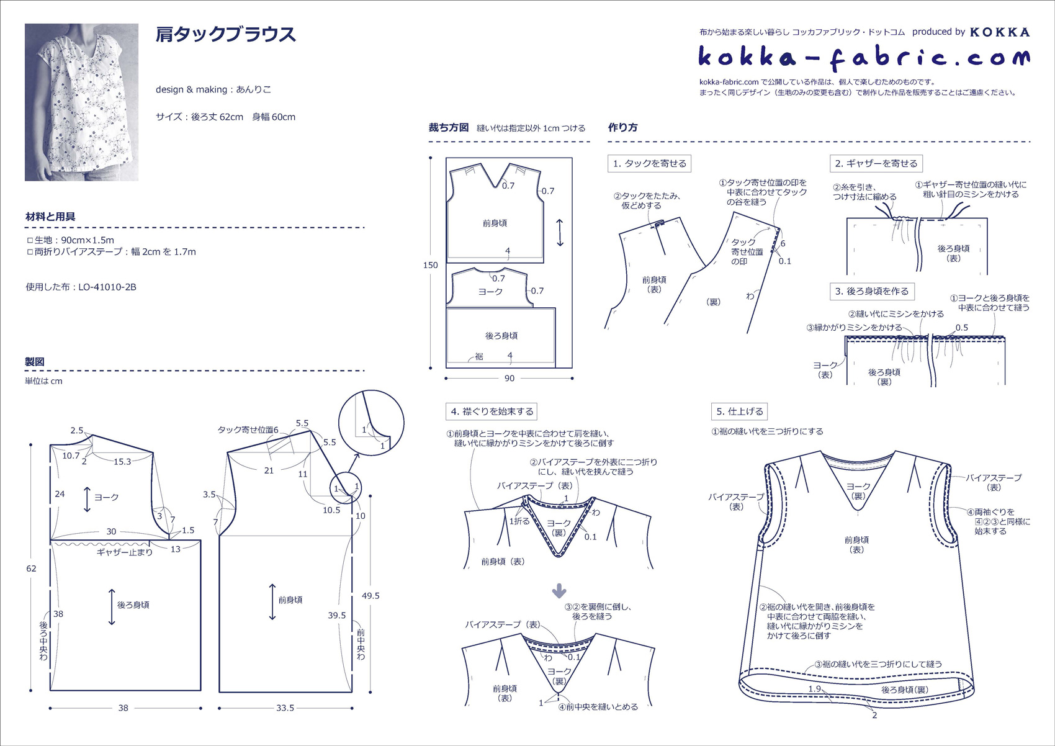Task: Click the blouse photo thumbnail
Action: coord(81,102)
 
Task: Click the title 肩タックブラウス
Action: coord(226,34)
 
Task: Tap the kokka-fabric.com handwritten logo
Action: coord(864,58)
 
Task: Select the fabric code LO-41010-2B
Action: coord(107,287)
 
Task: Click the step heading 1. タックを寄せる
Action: coord(650,163)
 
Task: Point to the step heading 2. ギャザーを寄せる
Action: coord(876,163)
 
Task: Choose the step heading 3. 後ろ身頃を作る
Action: coord(872,291)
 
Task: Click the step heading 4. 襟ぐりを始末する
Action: coord(492,411)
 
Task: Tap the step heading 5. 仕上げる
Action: coord(740,411)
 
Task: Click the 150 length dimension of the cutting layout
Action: coord(431,265)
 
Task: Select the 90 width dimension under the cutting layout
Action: coord(509,378)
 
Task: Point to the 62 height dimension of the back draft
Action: coord(31,568)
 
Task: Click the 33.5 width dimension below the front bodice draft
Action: coord(285,708)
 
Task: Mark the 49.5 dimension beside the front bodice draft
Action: coord(370,596)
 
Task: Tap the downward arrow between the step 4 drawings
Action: coord(559,591)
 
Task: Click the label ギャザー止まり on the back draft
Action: coord(125,552)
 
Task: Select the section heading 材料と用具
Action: coord(50,217)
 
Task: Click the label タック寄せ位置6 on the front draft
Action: coord(248,429)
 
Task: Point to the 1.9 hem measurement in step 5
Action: coord(814,688)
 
